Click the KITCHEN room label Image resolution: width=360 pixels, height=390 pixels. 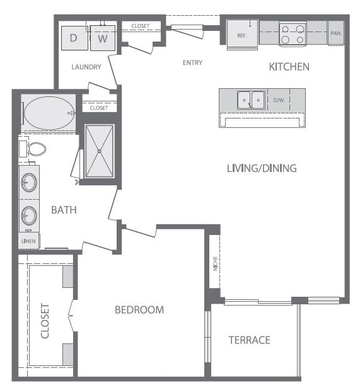click(x=289, y=66)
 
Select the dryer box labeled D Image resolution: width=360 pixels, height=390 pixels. click(x=74, y=38)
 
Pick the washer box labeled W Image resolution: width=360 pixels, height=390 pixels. click(x=102, y=38)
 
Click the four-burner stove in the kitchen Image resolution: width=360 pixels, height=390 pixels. click(x=293, y=33)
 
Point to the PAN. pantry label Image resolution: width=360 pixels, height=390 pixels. click(x=336, y=33)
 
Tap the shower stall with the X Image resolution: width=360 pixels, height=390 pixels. click(x=99, y=151)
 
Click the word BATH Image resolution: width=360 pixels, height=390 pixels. click(x=64, y=210)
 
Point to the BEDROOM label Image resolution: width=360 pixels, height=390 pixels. click(x=139, y=309)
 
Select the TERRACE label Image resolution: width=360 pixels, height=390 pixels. click(x=250, y=340)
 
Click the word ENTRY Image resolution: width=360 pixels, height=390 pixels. click(x=192, y=62)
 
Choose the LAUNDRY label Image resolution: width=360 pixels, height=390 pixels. click(x=86, y=67)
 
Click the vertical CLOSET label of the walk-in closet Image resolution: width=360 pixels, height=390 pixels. click(x=45, y=321)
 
